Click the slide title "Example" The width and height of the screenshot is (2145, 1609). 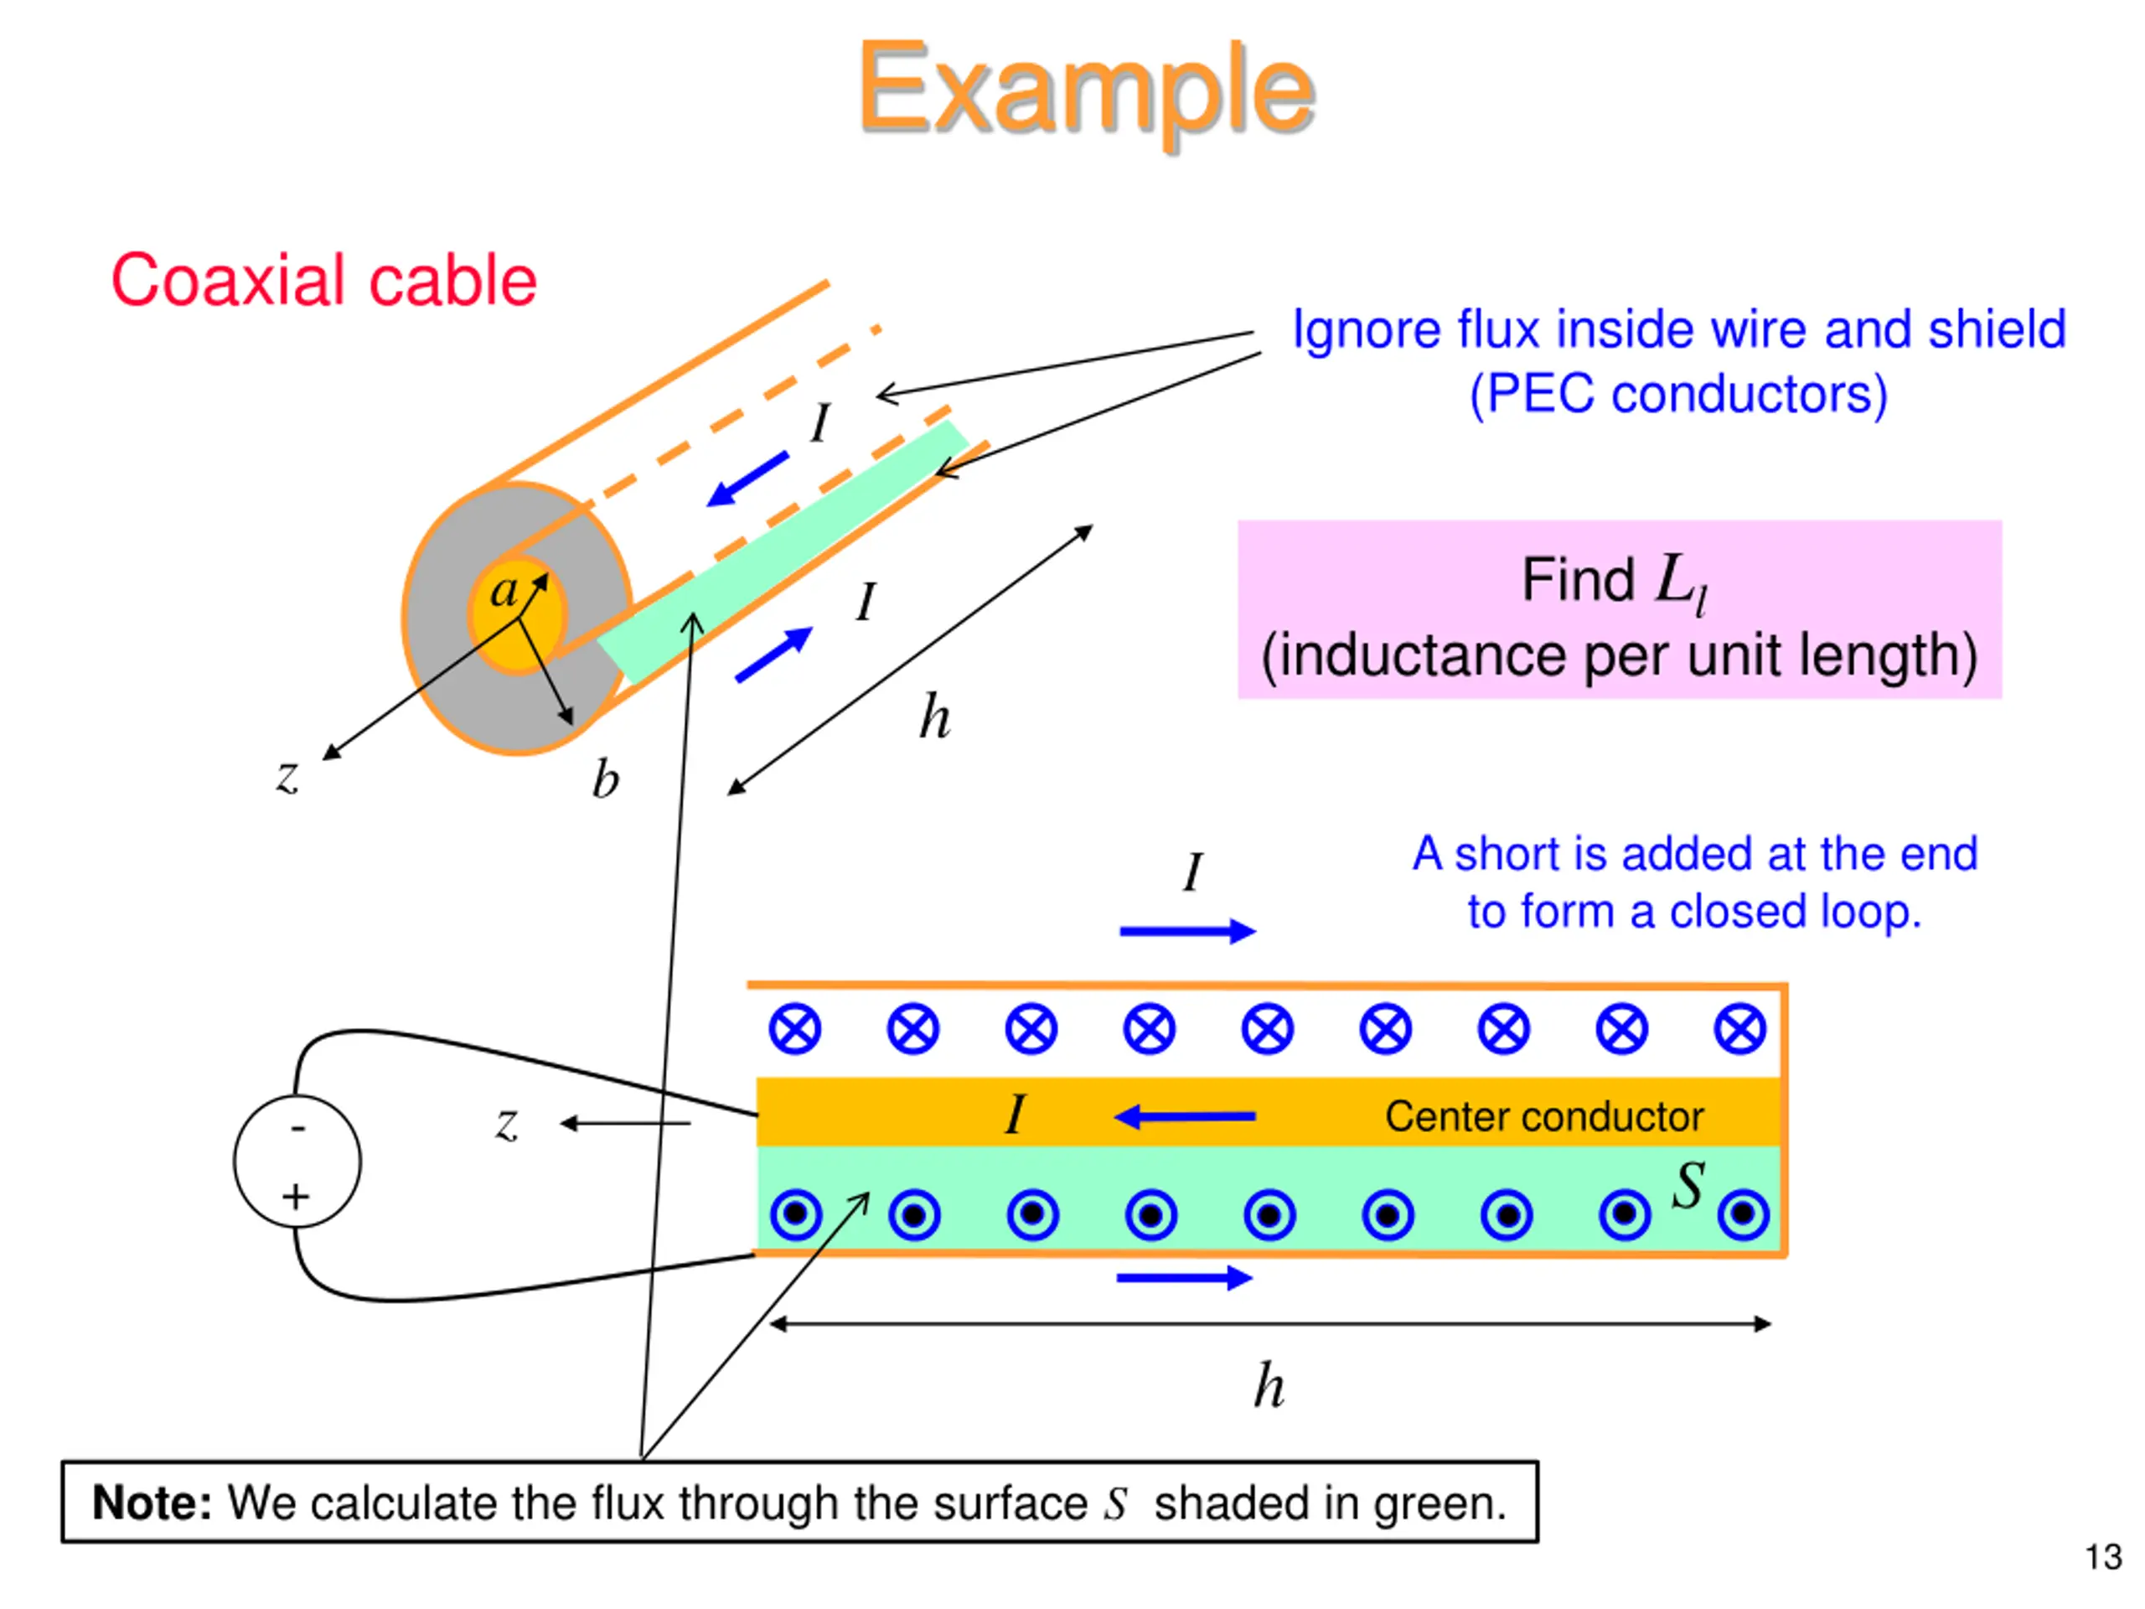coord(1086,92)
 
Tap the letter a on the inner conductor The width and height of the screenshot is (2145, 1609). coord(504,591)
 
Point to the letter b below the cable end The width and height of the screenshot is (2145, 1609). coord(606,779)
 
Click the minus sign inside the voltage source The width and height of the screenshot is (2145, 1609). coord(297,1128)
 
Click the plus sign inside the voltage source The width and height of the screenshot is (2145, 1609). coord(296,1197)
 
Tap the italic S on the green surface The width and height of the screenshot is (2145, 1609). coord(1688,1184)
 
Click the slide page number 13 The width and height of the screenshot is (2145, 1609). coord(2103,1557)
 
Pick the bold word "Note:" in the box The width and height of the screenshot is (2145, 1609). coord(152,1503)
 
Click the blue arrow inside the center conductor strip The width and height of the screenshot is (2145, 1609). coord(1184,1116)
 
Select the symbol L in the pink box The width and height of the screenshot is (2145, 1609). coord(1672,579)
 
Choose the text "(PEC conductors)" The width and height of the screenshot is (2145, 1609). coord(1678,395)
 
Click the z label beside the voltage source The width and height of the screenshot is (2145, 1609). coord(506,1125)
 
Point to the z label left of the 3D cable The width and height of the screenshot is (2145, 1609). coord(287,776)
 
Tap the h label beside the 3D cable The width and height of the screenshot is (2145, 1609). coord(935,717)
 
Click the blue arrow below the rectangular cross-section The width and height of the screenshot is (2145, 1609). coord(1185,1278)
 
